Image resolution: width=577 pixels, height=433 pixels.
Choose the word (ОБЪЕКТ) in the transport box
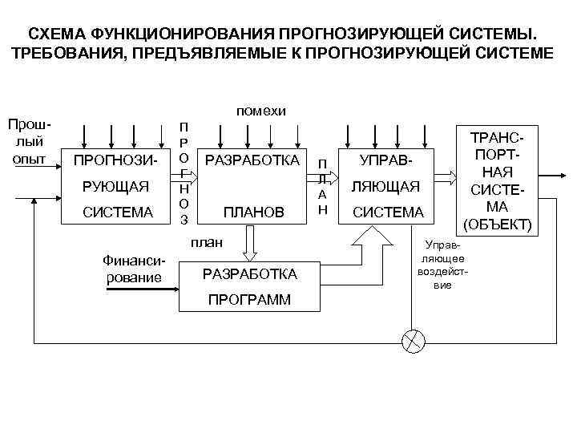click(x=498, y=224)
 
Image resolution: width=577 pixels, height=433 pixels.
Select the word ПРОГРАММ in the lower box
click(x=250, y=300)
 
